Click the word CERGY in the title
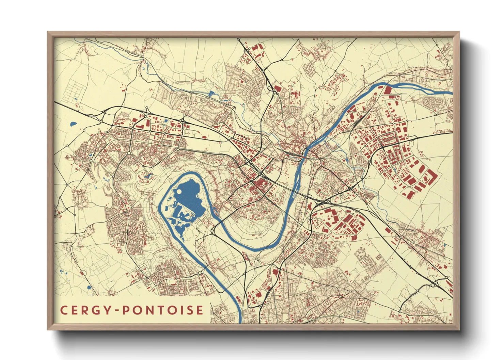[x=86, y=310]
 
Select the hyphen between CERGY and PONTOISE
[x=117, y=310]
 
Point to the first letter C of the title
[x=63, y=310]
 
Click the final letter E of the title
[x=200, y=310]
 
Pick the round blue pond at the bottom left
[x=89, y=288]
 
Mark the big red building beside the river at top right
[x=388, y=90]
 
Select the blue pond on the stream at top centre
[x=211, y=93]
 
